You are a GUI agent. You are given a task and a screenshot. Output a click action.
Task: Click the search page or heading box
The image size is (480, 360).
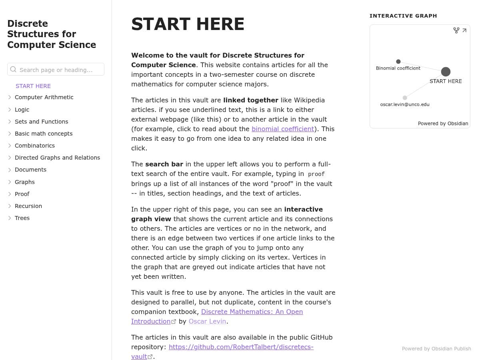pos(56,70)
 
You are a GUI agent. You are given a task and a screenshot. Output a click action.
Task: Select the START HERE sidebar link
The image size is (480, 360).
pos(33,86)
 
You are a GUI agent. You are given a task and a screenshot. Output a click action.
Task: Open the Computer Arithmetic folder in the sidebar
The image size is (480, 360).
pos(44,97)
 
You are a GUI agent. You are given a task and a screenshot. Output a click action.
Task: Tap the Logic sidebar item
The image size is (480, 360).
pos(22,110)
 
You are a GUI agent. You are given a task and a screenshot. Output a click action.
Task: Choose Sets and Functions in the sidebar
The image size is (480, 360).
pos(41,122)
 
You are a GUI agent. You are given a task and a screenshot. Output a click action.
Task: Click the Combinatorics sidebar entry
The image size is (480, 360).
pos(35,146)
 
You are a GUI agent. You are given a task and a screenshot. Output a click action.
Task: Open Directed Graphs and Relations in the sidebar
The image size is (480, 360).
pos(57,158)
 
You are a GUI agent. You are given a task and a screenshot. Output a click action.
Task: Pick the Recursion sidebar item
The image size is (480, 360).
pos(28,206)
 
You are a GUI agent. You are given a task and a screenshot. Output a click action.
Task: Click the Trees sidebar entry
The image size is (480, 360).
pos(22,218)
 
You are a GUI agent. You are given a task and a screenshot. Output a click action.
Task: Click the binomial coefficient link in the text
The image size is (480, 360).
pos(282,129)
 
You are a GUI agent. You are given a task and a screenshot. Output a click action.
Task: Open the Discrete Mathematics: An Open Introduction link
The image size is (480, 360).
pos(252,312)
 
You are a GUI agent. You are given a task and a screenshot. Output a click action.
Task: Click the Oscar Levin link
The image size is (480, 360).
pos(207,321)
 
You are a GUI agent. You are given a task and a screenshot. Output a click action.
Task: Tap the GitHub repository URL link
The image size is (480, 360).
pos(241,347)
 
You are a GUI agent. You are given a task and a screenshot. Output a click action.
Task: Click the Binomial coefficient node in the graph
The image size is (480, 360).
pos(398,62)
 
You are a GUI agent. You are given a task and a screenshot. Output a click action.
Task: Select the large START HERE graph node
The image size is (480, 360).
pos(446,72)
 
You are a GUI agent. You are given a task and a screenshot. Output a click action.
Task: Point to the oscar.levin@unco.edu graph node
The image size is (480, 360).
pos(405,98)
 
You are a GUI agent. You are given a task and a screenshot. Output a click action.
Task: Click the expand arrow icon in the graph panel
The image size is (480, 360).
pos(464,30)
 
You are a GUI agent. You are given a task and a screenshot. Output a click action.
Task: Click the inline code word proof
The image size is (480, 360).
pos(316,174)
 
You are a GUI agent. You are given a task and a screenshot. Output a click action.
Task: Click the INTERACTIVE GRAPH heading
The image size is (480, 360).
pos(403,16)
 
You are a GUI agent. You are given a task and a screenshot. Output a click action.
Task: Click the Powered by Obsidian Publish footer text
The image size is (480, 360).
pos(436,349)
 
